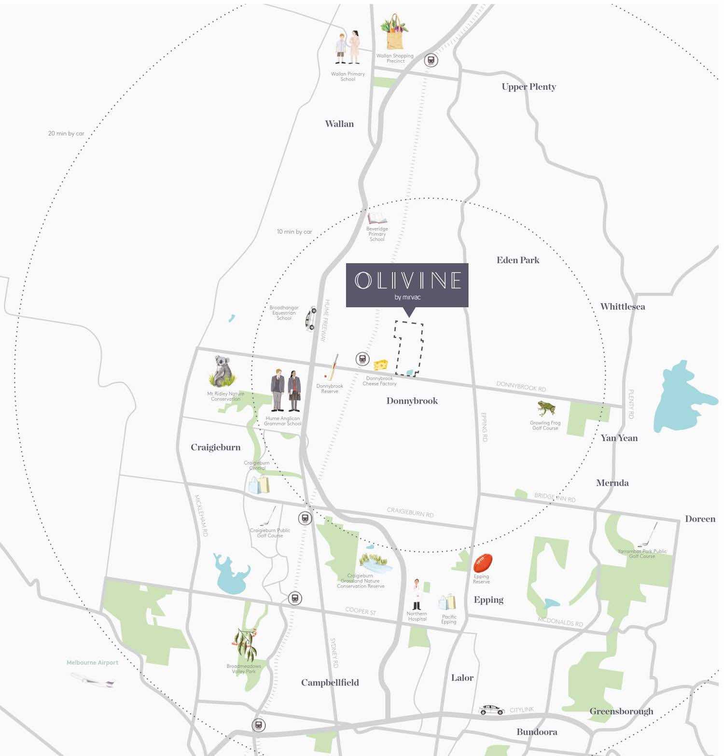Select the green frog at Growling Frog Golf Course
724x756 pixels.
[x=546, y=409]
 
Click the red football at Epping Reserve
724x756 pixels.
[x=482, y=563]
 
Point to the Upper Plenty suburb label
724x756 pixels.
[x=529, y=87]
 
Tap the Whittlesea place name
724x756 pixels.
[x=622, y=307]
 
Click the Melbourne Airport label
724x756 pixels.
[x=92, y=662]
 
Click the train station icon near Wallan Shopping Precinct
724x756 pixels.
[x=431, y=61]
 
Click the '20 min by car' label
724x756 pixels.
[x=66, y=133]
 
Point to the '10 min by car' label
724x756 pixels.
[x=294, y=232]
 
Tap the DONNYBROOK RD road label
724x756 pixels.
[x=521, y=386]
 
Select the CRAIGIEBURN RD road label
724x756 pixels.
[x=410, y=512]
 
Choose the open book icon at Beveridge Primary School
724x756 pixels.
[x=377, y=218]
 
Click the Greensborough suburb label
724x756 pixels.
[x=621, y=711]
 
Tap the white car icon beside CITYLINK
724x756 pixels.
[x=491, y=710]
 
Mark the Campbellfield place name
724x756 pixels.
[x=330, y=683]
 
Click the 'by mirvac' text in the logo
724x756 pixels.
[x=407, y=297]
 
